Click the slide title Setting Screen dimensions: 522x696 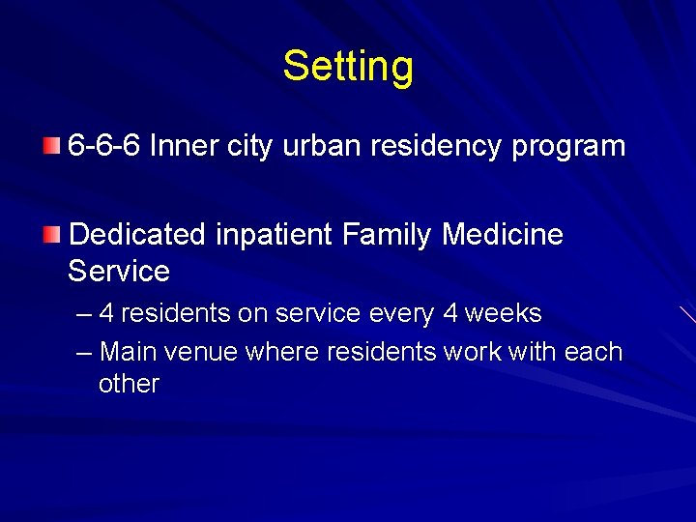[x=348, y=67]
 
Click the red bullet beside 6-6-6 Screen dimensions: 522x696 [x=51, y=147]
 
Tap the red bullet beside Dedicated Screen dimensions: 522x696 [x=51, y=234]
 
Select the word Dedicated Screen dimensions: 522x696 [x=137, y=234]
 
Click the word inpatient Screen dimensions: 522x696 [x=275, y=235]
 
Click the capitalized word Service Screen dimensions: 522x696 [x=119, y=271]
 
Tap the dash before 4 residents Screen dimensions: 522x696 [x=84, y=314]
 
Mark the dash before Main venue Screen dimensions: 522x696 [x=84, y=352]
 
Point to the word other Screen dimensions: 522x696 [x=129, y=384]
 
